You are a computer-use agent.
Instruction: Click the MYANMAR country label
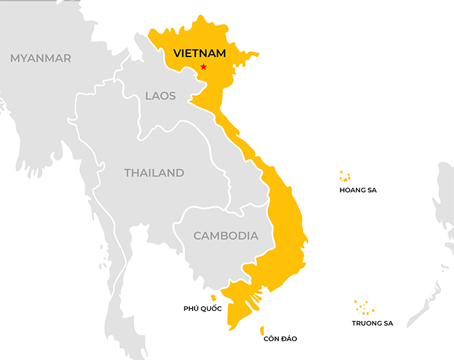(40, 58)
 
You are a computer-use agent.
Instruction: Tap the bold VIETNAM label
(199, 53)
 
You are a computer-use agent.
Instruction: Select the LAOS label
(160, 96)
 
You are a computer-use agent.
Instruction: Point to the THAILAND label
(154, 173)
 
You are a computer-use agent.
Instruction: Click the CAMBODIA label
(226, 236)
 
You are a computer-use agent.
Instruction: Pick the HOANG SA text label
(357, 191)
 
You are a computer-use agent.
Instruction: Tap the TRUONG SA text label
(372, 323)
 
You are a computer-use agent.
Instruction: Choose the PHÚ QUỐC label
(202, 309)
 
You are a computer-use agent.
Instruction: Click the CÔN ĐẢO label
(280, 339)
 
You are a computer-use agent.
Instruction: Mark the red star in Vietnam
(204, 67)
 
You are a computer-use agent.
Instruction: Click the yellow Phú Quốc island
(213, 298)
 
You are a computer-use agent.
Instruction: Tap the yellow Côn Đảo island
(262, 330)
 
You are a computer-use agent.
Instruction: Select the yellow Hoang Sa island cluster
(345, 176)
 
